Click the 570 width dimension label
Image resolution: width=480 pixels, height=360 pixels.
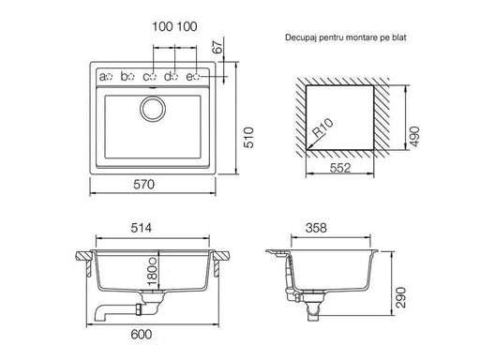pyautogui.click(x=143, y=185)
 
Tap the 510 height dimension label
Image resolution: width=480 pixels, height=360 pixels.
pyautogui.click(x=249, y=138)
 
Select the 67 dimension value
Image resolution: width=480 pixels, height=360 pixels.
pyautogui.click(x=218, y=47)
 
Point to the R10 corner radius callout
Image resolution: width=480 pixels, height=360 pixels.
pyautogui.click(x=323, y=127)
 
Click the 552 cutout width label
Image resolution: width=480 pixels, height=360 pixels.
pyautogui.click(x=340, y=168)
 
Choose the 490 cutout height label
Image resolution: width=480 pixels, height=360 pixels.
pyautogui.click(x=414, y=136)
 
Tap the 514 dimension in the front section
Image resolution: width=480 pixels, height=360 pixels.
pyautogui.click(x=142, y=228)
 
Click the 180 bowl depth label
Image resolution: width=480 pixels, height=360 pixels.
pyautogui.click(x=153, y=272)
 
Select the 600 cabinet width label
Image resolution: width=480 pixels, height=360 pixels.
pyautogui.click(x=142, y=335)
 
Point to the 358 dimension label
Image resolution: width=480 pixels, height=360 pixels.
pyautogui.click(x=316, y=228)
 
